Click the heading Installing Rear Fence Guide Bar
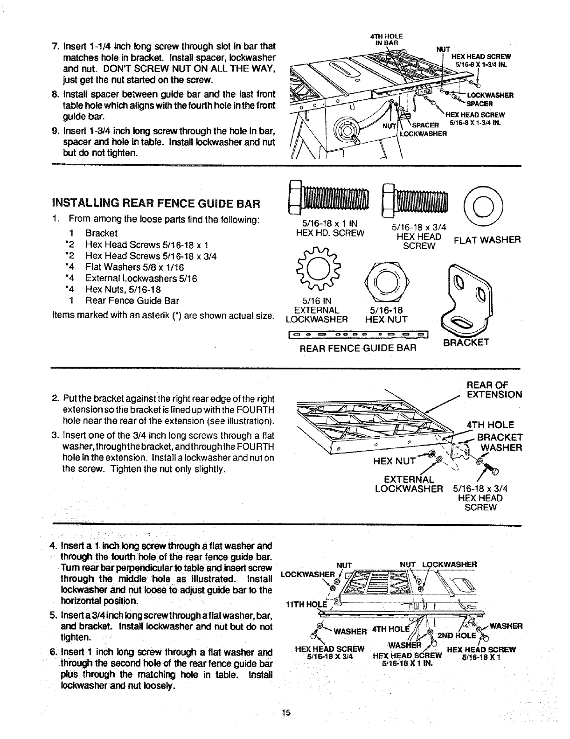pyautogui.click(x=156, y=203)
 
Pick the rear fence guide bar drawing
pyautogui.click(x=359, y=334)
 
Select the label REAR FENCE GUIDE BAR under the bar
pyautogui.click(x=357, y=348)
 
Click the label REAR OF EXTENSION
pyautogui.click(x=494, y=390)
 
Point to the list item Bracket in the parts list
pyautogui.click(x=101, y=233)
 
